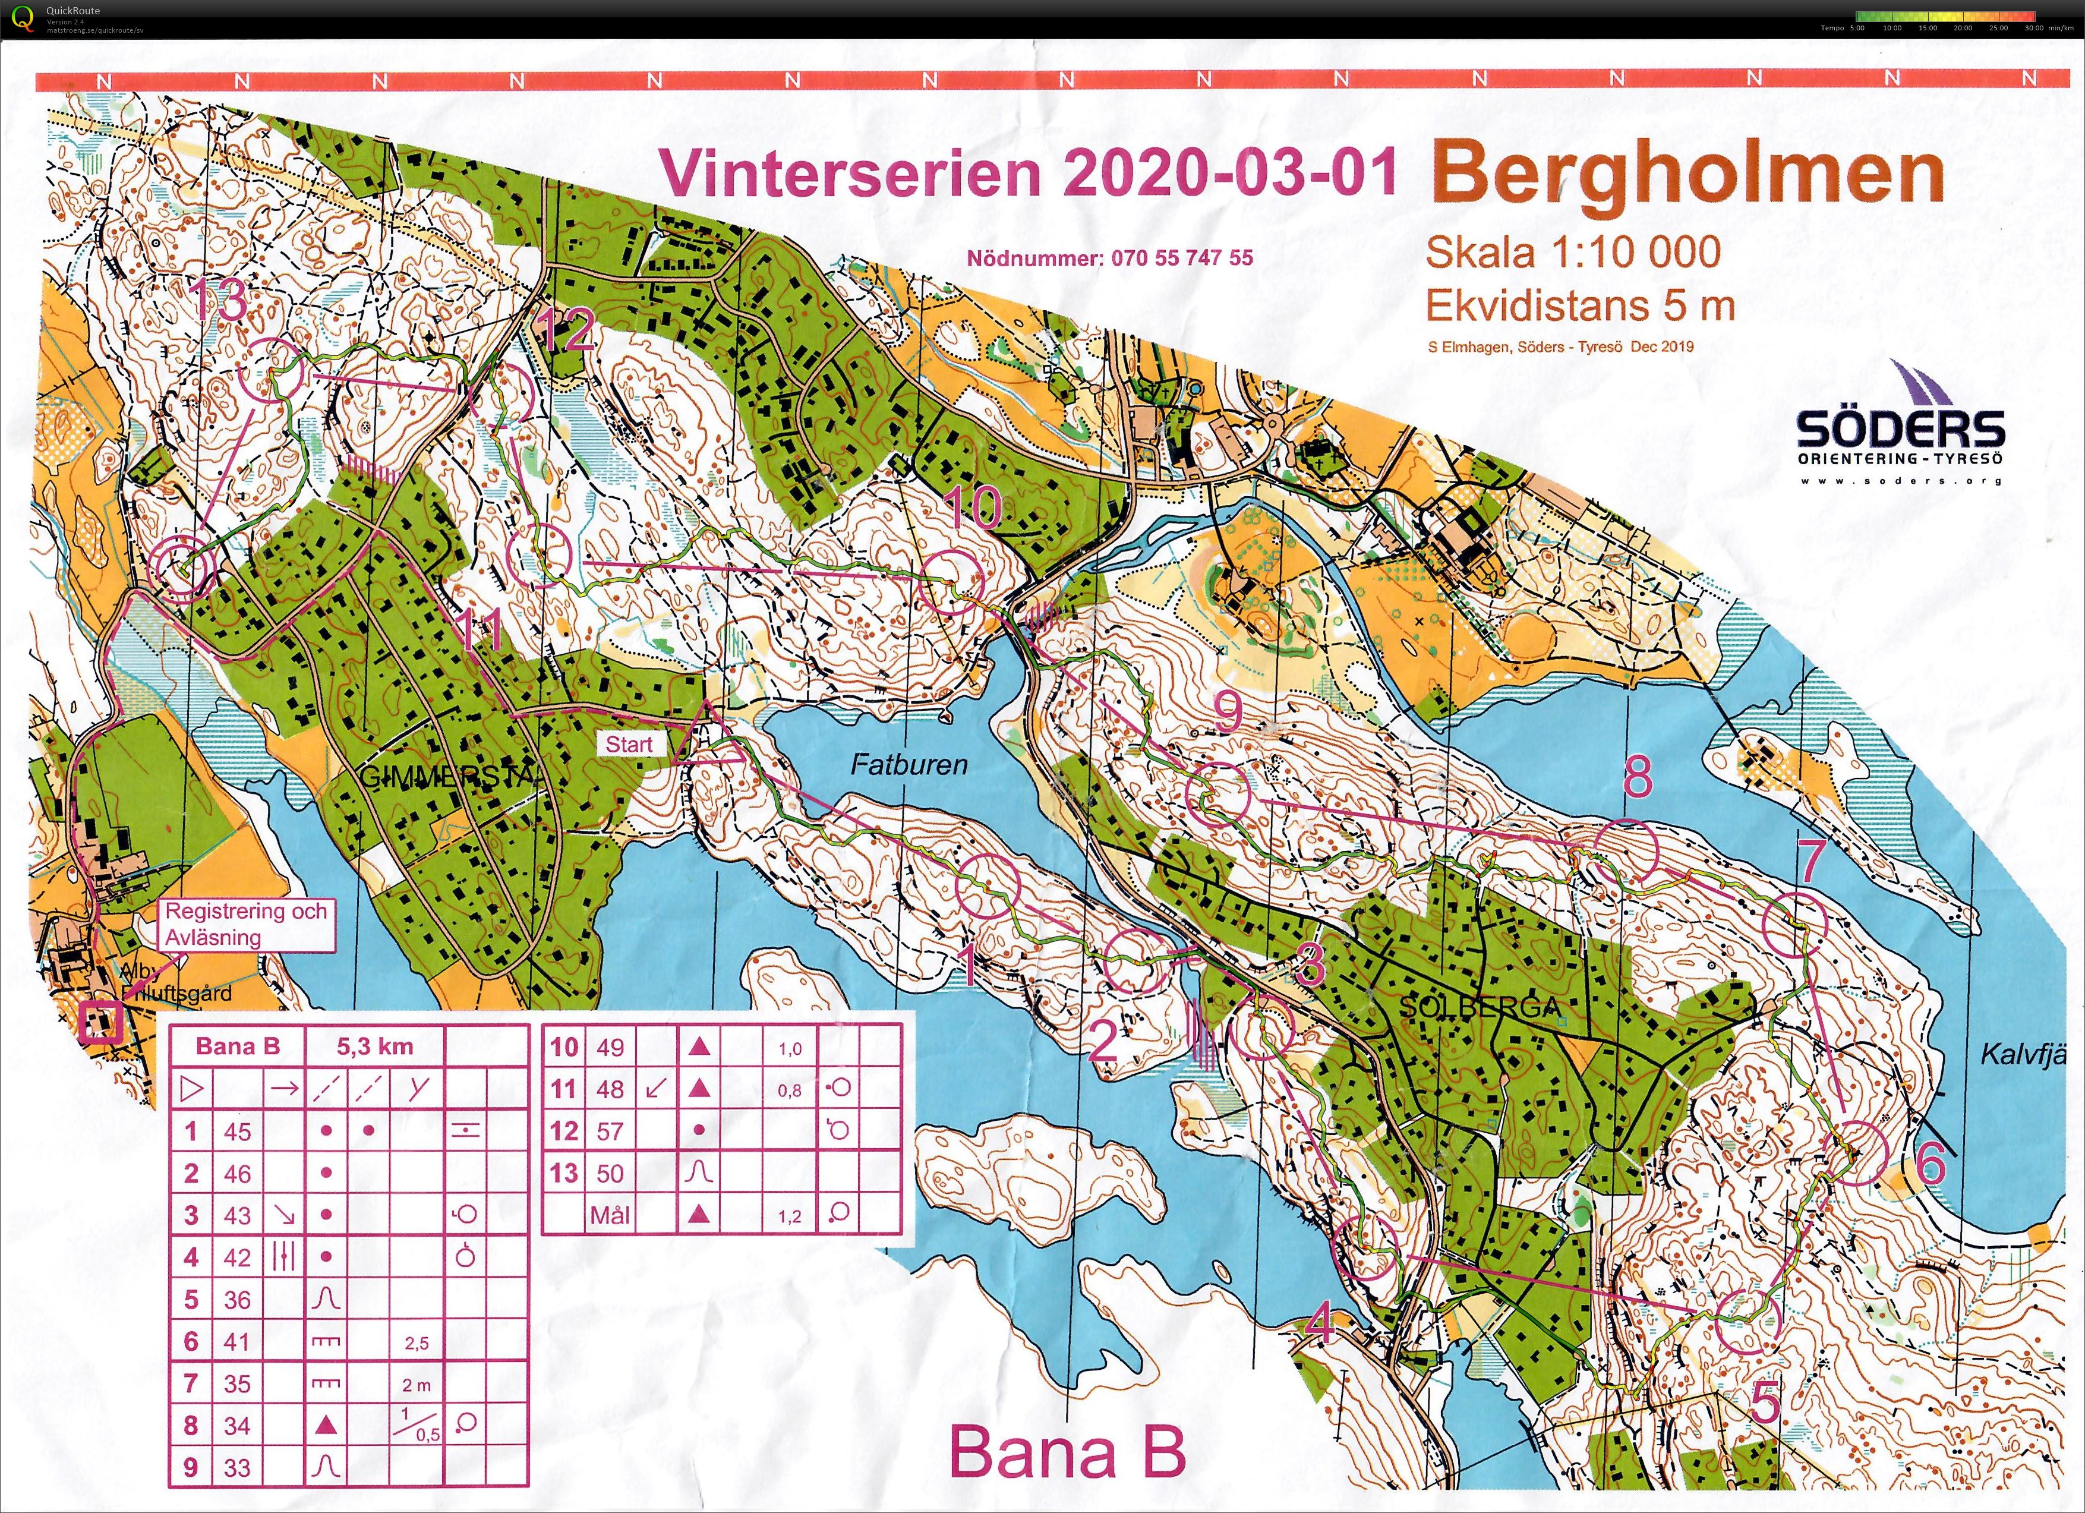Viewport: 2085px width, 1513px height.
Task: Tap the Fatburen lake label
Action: (x=909, y=765)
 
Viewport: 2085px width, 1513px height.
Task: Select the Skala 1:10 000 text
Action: (x=1573, y=252)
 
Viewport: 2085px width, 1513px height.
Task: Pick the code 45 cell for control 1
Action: (x=237, y=1131)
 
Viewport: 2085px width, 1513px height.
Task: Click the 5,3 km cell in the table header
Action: (x=374, y=1046)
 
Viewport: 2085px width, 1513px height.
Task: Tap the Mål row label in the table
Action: (x=610, y=1215)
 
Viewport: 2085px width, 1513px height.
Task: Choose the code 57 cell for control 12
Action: (x=610, y=1131)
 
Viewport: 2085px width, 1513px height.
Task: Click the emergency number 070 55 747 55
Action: (x=1109, y=259)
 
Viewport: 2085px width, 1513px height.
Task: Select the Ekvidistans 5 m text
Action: (x=1579, y=305)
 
